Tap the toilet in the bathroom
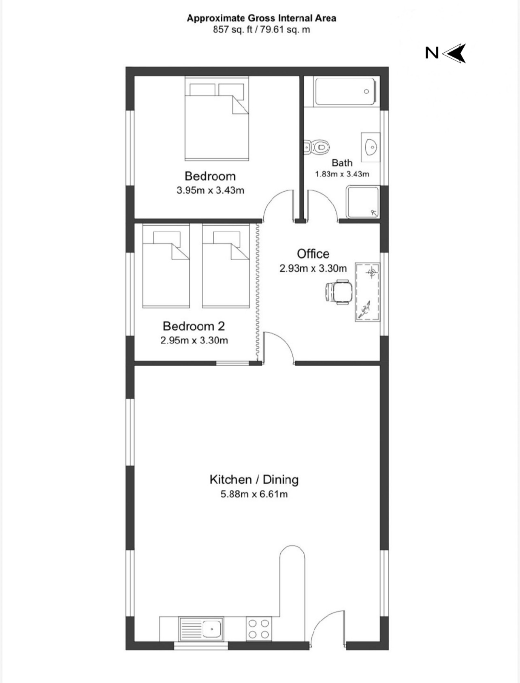[317, 147]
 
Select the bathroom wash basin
[371, 147]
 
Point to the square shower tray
[363, 202]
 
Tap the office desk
[367, 292]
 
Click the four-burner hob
[259, 629]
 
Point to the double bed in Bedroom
[217, 119]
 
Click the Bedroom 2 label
[194, 326]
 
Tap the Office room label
[313, 254]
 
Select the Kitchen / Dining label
[254, 480]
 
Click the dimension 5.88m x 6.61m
[254, 494]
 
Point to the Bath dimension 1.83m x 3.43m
[342, 174]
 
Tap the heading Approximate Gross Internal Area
[261, 18]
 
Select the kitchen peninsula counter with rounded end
[292, 582]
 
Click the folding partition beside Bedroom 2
[257, 292]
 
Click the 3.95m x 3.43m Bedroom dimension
[210, 190]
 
